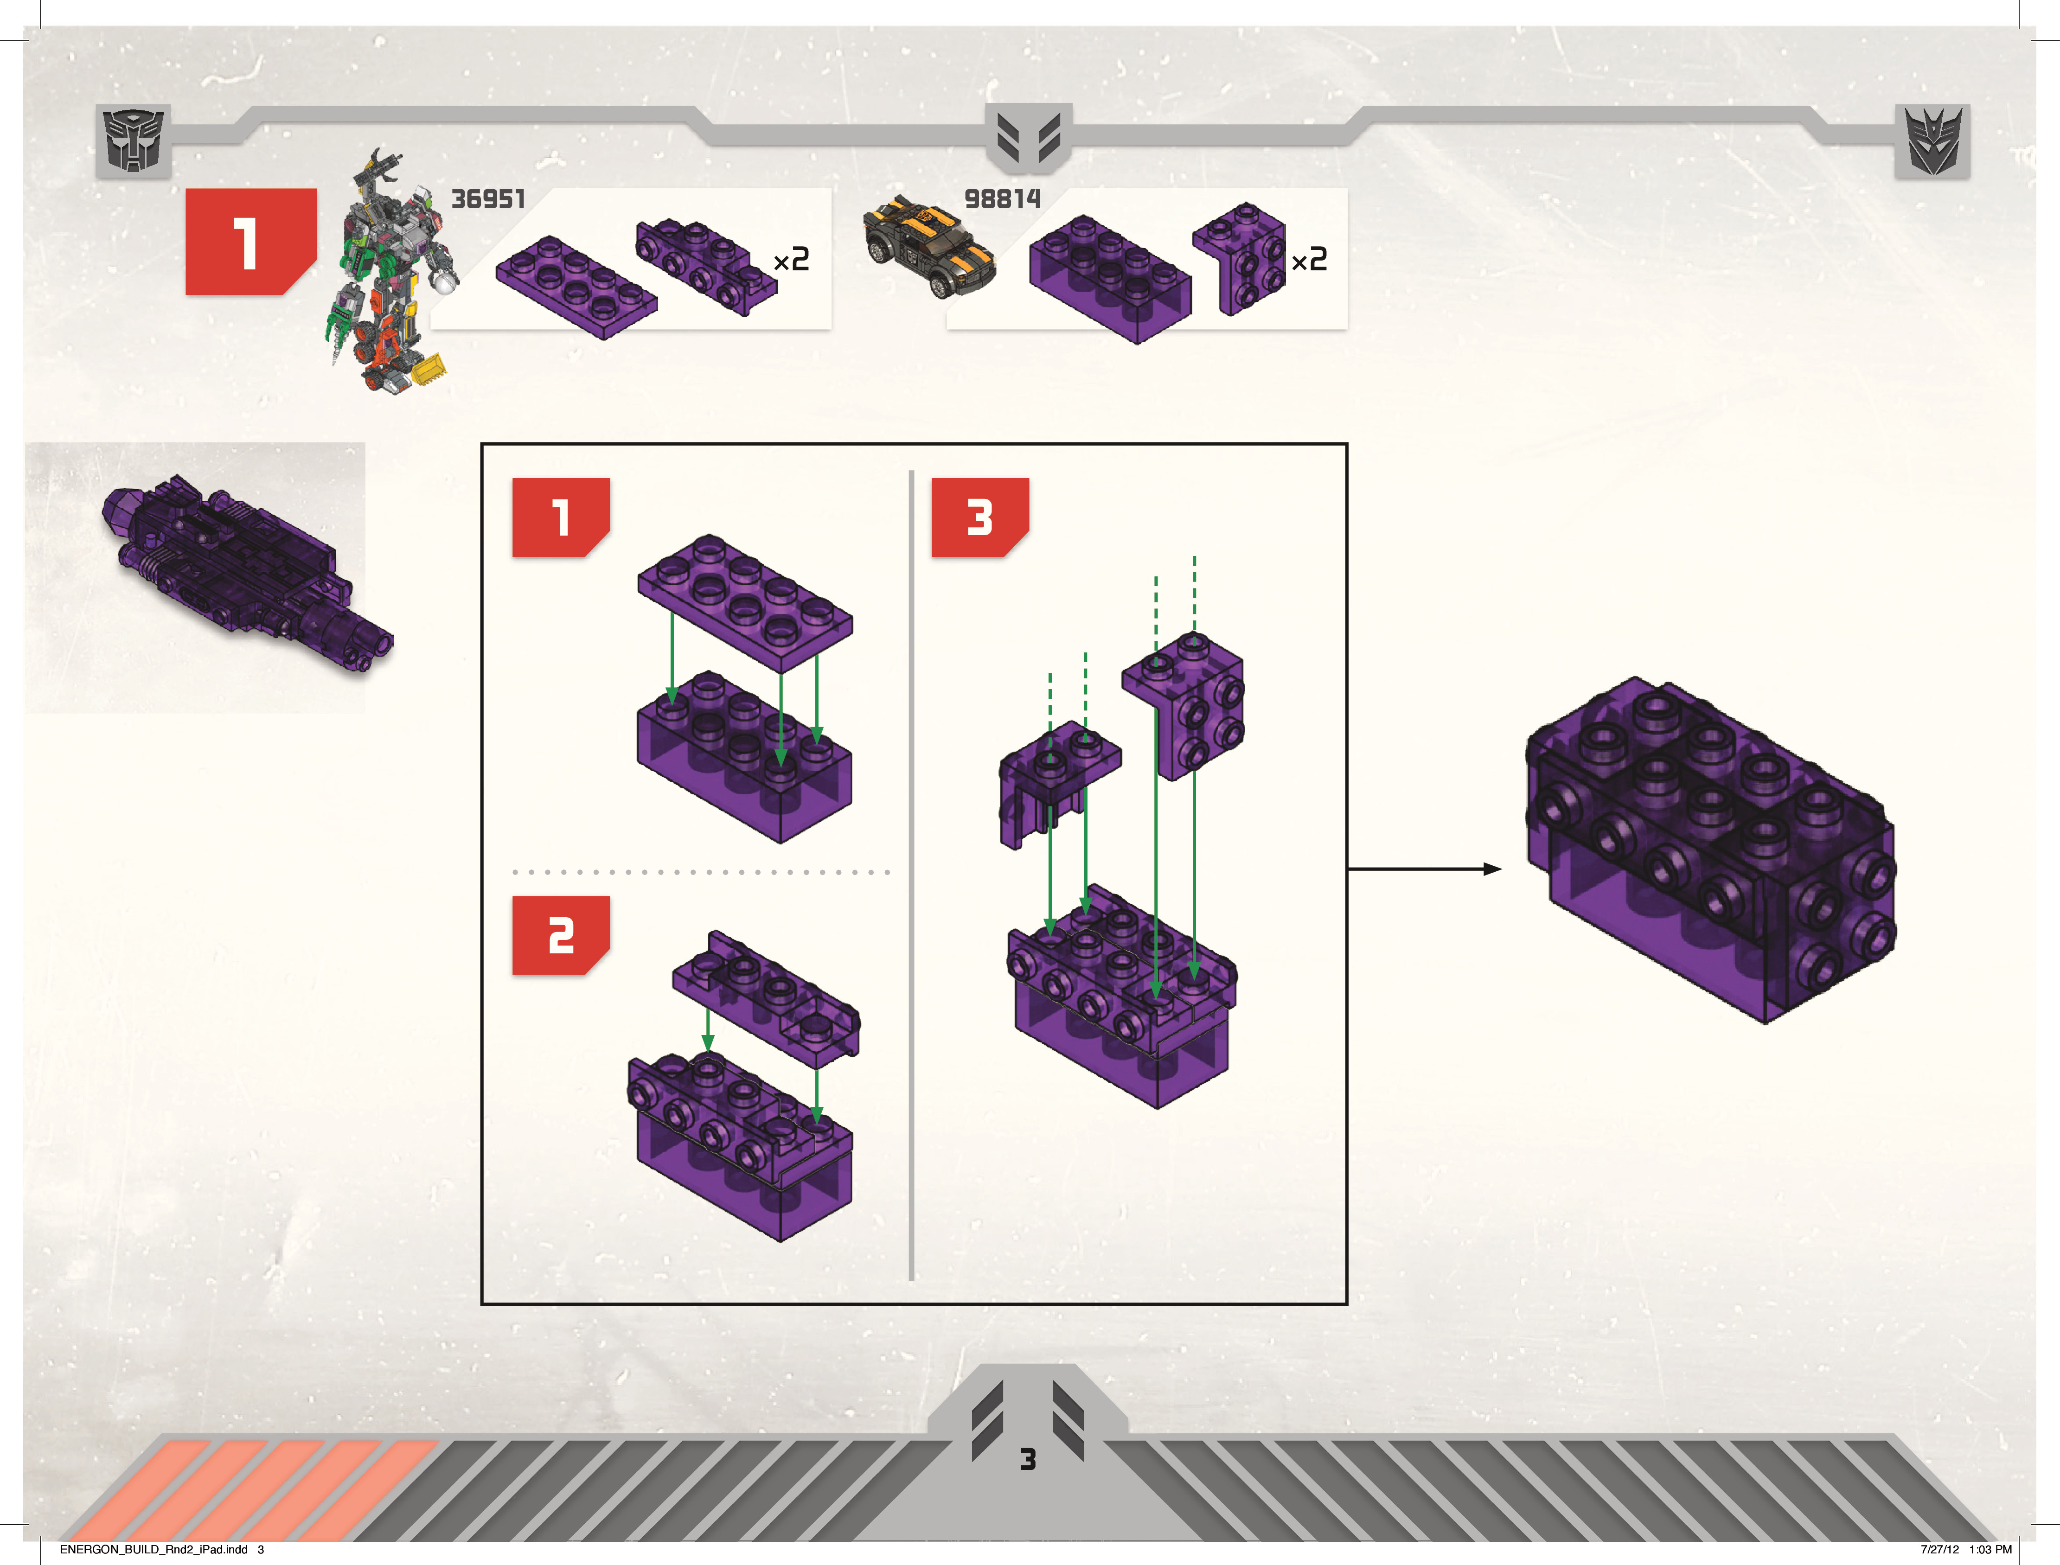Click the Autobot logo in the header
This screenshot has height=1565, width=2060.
[133, 141]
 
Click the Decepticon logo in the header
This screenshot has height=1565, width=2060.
[1932, 141]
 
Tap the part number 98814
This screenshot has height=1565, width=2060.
[1002, 199]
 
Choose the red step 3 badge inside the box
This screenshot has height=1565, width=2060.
[979, 517]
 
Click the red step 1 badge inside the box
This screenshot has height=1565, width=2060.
[560, 517]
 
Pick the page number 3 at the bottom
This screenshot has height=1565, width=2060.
[1028, 1459]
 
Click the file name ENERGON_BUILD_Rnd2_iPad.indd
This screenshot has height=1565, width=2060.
[154, 1549]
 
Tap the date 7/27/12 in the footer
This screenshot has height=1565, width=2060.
[1940, 1549]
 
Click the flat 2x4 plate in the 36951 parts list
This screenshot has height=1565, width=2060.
[576, 286]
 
